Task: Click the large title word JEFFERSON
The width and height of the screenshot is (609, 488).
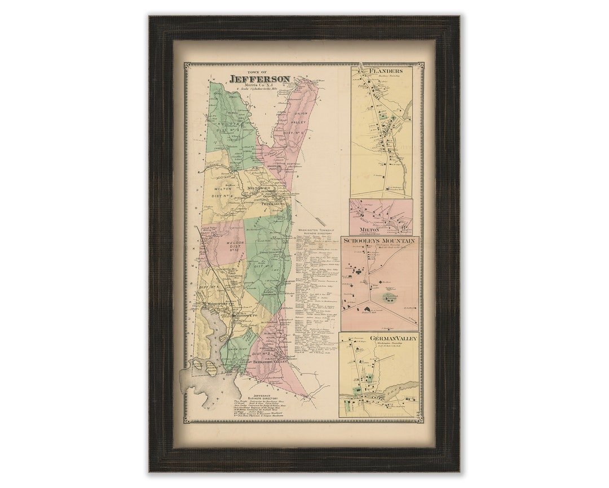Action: coord(259,79)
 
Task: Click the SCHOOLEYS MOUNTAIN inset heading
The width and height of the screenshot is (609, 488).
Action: coord(379,241)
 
